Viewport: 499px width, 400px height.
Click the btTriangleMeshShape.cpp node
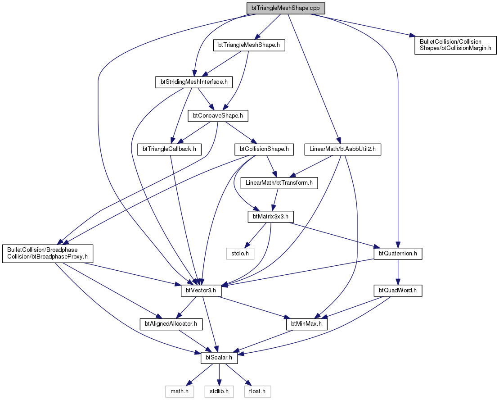(285, 8)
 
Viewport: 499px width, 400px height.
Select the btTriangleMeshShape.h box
(249, 45)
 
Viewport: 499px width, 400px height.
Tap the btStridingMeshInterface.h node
(194, 82)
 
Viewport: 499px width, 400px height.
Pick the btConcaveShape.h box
(218, 116)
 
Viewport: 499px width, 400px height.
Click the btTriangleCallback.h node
(169, 149)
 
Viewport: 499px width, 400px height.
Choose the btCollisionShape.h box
(264, 149)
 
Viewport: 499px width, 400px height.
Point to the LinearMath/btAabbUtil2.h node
(343, 149)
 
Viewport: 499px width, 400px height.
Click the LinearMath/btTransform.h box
(279, 183)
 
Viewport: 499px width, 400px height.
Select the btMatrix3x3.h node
(270, 217)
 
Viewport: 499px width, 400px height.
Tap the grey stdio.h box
(240, 254)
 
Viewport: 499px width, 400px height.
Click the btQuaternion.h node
(398, 254)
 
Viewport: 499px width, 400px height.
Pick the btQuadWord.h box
(398, 291)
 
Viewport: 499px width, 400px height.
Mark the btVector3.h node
(201, 291)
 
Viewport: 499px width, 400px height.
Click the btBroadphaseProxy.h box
(48, 254)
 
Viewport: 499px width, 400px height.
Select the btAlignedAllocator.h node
(171, 324)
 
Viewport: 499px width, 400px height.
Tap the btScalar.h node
(219, 358)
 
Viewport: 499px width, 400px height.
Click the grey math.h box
(180, 391)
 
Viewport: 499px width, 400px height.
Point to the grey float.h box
(257, 391)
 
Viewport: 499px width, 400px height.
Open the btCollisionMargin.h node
(455, 45)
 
